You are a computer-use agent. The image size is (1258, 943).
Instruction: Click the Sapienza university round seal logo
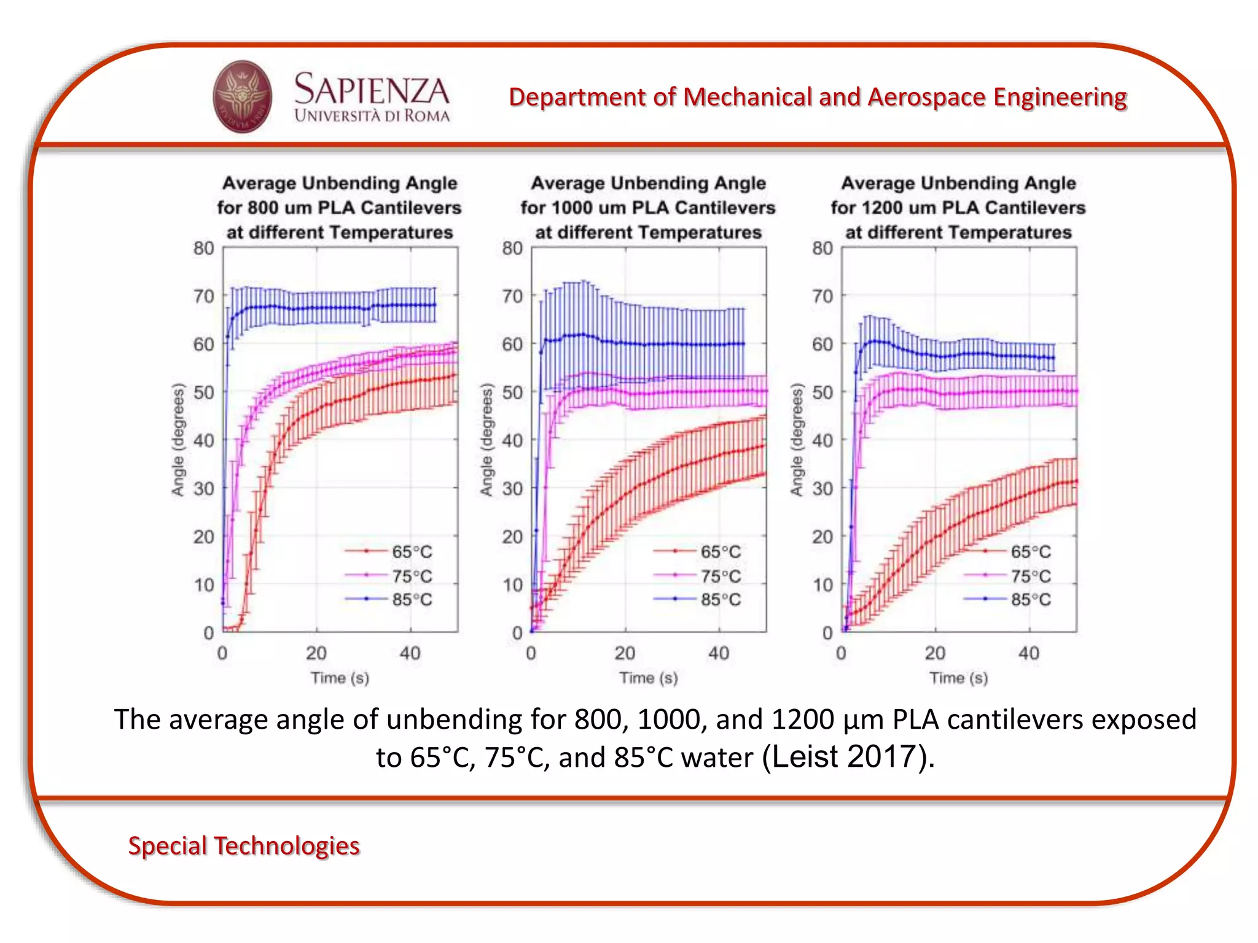tap(242, 96)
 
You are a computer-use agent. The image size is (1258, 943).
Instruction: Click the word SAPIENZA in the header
tap(371, 90)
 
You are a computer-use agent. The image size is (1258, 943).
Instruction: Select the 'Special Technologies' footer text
tap(243, 845)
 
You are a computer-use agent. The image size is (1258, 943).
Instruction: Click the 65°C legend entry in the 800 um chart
tap(412, 551)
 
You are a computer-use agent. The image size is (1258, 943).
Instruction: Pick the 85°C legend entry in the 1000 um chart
tap(720, 599)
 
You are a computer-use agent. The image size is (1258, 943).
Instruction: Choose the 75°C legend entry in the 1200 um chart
tap(1030, 576)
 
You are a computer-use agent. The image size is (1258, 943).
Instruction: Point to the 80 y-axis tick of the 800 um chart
tap(204, 248)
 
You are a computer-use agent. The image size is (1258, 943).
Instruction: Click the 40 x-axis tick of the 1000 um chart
tap(719, 653)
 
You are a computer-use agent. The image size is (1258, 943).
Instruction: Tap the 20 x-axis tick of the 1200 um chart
tap(935, 653)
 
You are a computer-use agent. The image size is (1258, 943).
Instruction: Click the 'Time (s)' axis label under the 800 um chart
tap(340, 678)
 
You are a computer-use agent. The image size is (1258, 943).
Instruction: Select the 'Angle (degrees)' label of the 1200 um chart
tap(797, 440)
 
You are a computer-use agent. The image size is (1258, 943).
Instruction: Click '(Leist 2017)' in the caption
tap(848, 756)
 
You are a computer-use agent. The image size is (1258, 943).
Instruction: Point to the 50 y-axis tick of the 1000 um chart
tap(512, 392)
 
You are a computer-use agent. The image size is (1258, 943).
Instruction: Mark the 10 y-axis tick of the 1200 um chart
tap(822, 584)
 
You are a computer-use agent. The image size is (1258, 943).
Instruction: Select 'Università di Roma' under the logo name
tap(372, 115)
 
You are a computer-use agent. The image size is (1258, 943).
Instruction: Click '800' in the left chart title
tap(263, 208)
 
